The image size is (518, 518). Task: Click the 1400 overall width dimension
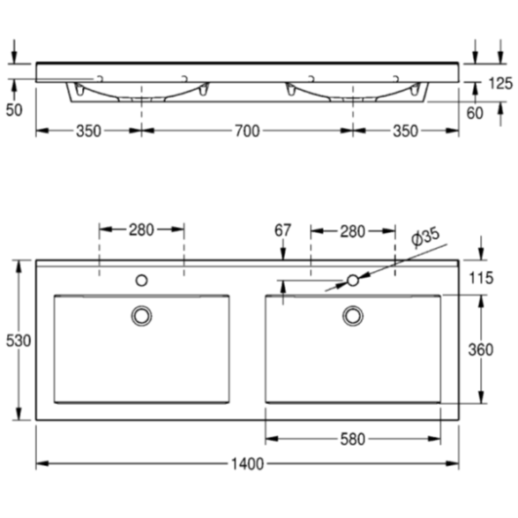tap(247, 464)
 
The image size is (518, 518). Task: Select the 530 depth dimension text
tap(19, 341)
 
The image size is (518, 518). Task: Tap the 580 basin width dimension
tap(352, 439)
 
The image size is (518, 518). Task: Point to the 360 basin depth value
tap(481, 349)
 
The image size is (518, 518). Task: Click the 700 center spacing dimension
tap(247, 131)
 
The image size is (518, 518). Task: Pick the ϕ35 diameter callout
tap(425, 236)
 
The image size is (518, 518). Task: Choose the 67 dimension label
tap(282, 230)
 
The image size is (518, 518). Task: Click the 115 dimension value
tap(481, 278)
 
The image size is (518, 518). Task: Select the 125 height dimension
tap(500, 84)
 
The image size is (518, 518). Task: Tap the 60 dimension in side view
tap(475, 113)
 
